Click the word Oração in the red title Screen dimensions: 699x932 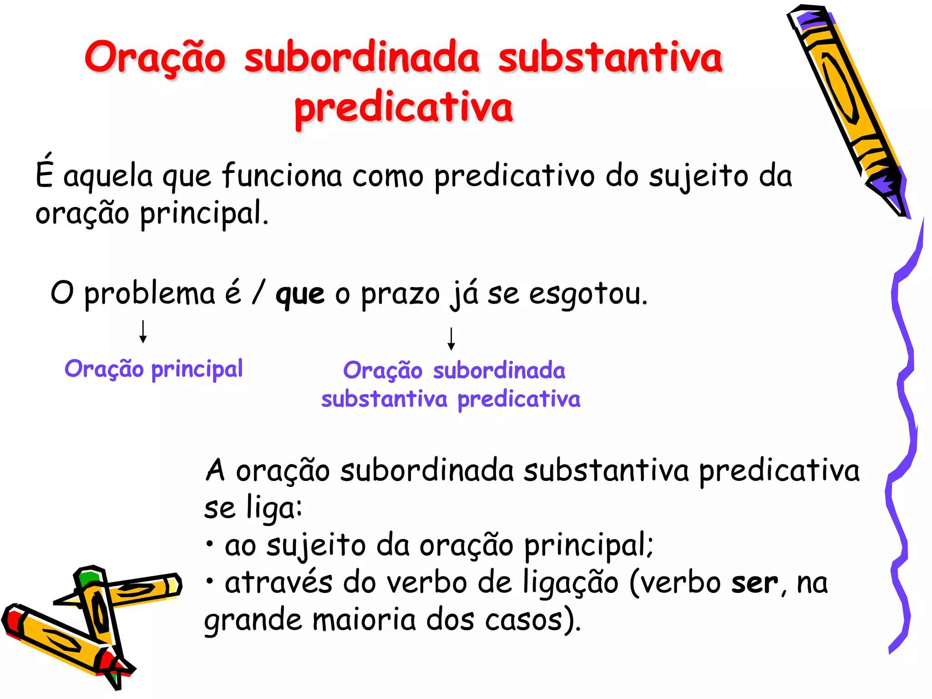[155, 58]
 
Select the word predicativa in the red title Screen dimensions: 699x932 [404, 109]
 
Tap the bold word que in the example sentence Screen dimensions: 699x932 [300, 294]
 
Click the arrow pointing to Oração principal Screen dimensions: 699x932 [143, 331]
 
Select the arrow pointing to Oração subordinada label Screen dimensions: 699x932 [451, 339]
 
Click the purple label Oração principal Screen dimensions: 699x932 [153, 369]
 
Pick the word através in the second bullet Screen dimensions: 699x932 [278, 582]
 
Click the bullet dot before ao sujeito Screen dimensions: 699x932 [209, 544]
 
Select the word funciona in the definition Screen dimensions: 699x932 [282, 176]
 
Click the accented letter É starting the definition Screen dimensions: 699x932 [45, 173]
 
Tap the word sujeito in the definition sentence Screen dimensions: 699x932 [698, 177]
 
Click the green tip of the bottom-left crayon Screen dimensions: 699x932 [88, 578]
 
